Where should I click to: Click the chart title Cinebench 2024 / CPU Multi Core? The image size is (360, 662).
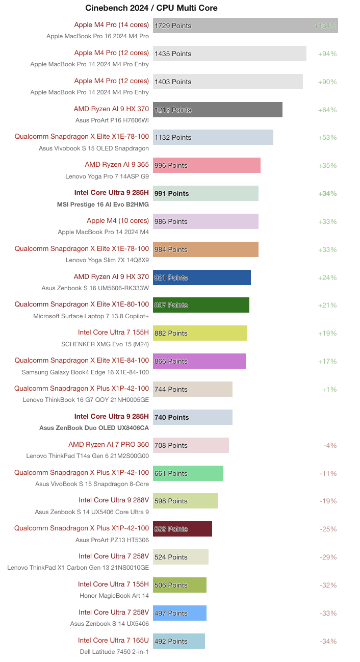click(x=151, y=8)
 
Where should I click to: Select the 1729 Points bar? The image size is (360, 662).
click(x=245, y=26)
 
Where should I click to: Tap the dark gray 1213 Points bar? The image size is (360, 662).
click(x=218, y=110)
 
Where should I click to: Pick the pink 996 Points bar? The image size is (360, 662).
click(x=207, y=165)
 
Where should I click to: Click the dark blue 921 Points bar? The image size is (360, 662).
click(x=202, y=277)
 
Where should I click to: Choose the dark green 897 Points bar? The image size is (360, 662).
click(x=201, y=305)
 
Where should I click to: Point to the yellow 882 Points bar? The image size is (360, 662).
click(x=200, y=333)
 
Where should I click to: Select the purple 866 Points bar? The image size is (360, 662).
click(x=199, y=361)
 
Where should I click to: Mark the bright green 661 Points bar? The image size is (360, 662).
click(x=188, y=473)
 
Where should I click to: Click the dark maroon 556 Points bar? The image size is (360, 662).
click(x=183, y=529)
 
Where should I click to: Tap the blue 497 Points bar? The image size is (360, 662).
click(x=179, y=613)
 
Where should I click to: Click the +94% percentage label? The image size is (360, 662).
click(x=327, y=54)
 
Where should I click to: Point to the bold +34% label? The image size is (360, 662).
click(x=327, y=193)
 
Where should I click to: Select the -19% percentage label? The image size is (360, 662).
click(x=328, y=501)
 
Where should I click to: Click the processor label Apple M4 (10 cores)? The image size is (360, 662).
click(x=118, y=221)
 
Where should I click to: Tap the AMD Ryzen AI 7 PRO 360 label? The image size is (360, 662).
click(x=109, y=445)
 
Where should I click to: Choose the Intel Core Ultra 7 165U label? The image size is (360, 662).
click(x=113, y=641)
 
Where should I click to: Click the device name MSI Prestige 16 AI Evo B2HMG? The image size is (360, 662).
click(x=102, y=204)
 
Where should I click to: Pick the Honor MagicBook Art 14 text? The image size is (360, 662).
click(x=114, y=596)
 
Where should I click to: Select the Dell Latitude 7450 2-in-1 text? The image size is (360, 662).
click(x=114, y=651)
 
